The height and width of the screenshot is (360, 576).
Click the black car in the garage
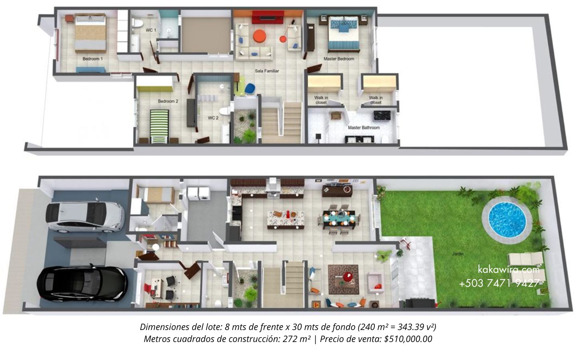pos(82,284)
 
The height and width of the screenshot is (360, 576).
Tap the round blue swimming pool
pos(507,220)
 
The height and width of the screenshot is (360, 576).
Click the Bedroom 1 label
pos(92,59)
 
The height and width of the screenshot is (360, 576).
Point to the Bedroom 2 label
pos(168,101)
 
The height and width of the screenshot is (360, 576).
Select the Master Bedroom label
pos(339,59)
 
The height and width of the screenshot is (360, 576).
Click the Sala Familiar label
pos(267,71)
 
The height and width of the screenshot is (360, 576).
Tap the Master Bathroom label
pos(364,128)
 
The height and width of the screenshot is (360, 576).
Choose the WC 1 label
pos(151,30)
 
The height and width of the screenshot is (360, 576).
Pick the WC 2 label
pos(213,118)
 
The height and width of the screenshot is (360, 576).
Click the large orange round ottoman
pos(259,36)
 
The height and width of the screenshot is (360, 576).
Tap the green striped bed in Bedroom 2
pos(160,126)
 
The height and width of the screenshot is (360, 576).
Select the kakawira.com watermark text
pos(509,270)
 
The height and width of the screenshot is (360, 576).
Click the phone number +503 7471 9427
pos(499,283)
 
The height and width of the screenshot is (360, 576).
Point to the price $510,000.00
pos(408,339)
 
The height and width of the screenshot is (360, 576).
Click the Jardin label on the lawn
pos(458,254)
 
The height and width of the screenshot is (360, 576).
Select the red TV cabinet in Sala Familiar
pos(268,17)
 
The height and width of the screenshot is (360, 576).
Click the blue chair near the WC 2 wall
pos(250,89)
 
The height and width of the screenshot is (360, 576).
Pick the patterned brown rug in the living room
pos(343,280)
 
